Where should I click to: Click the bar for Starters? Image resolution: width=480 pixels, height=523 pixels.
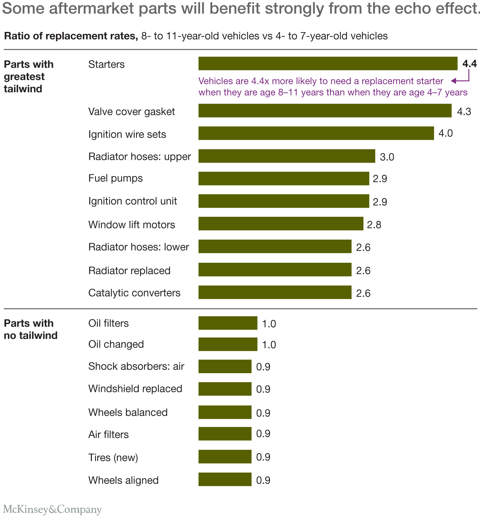tap(328, 63)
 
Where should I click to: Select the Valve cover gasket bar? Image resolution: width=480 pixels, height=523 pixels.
tap(325, 111)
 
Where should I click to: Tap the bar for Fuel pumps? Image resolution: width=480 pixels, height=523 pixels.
tap(284, 178)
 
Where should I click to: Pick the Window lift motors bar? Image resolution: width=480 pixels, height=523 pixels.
tap(281, 224)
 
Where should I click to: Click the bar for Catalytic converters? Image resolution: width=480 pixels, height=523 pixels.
tap(275, 292)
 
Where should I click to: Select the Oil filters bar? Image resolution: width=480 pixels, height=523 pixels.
tap(228, 323)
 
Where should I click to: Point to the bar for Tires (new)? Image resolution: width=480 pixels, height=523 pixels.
tap(225, 456)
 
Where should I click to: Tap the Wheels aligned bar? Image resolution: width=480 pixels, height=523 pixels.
tap(225, 479)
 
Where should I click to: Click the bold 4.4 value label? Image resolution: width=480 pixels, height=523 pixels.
tap(470, 64)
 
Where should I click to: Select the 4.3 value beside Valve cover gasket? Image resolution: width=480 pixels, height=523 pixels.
tap(464, 111)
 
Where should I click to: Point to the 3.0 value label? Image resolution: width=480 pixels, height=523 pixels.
tap(387, 157)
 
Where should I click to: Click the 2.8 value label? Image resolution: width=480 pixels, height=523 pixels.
tap(374, 225)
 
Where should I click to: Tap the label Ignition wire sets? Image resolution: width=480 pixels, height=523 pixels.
tap(127, 134)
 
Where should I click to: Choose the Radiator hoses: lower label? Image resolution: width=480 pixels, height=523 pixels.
tap(139, 247)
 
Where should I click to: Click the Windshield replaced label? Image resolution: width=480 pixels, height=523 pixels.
tap(135, 388)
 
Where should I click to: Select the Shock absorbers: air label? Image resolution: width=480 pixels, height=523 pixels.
tap(136, 366)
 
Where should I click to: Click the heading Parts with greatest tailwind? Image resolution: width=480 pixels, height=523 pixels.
tap(28, 76)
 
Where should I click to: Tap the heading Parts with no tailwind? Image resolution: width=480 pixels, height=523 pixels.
tap(31, 329)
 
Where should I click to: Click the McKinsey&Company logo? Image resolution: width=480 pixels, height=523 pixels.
tap(52, 509)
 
